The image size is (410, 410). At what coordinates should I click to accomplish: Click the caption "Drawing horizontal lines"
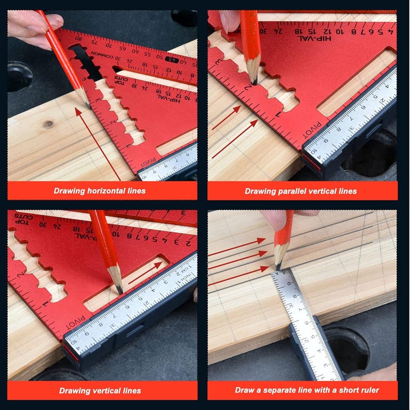pos(100,191)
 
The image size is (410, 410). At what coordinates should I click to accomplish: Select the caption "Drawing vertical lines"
pos(100,391)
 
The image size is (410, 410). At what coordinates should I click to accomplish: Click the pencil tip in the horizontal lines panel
pos(87,105)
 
